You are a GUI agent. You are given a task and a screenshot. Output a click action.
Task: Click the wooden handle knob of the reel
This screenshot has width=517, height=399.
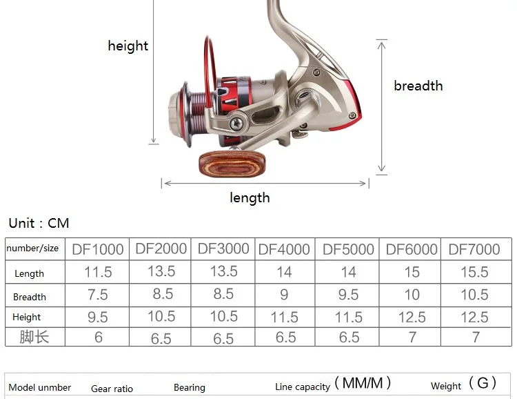pyautogui.click(x=232, y=164)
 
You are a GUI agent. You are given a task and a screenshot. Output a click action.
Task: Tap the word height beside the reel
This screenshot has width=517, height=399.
pyautogui.click(x=128, y=46)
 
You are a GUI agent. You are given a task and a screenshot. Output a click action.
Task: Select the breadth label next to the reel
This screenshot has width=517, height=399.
pyautogui.click(x=418, y=86)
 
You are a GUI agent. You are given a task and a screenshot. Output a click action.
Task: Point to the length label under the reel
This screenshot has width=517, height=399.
pyautogui.click(x=250, y=198)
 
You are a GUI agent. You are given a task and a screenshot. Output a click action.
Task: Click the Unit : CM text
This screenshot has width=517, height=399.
pyautogui.click(x=39, y=223)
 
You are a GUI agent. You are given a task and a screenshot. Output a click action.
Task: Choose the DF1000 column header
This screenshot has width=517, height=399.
pyautogui.click(x=98, y=249)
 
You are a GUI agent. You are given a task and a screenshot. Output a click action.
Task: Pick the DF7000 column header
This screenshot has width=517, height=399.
pyautogui.click(x=474, y=249)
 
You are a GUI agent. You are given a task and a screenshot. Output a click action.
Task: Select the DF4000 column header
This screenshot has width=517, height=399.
pyautogui.click(x=284, y=249)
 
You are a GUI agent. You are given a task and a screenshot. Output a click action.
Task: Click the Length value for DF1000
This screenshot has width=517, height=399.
pyautogui.click(x=98, y=272)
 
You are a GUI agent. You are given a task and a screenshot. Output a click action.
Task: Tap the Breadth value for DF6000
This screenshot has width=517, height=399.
pyautogui.click(x=412, y=295)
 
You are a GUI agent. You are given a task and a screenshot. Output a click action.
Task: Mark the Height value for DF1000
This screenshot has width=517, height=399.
pyautogui.click(x=98, y=317)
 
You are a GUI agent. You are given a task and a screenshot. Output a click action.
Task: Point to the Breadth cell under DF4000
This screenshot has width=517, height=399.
pyautogui.click(x=284, y=295)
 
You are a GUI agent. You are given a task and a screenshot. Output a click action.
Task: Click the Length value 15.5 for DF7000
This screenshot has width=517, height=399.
pyautogui.click(x=474, y=272)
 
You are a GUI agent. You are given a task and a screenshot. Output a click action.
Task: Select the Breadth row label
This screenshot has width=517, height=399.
pyautogui.click(x=30, y=297)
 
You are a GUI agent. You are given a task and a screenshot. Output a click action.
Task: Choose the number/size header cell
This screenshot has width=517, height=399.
pyautogui.click(x=32, y=248)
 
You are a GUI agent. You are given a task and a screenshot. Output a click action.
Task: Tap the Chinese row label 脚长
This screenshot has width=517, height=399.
pyautogui.click(x=34, y=337)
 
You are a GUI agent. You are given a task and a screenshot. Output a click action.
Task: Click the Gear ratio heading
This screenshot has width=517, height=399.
pyautogui.click(x=112, y=389)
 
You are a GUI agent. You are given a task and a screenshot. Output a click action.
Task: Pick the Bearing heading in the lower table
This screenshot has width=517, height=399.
pyautogui.click(x=190, y=387)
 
